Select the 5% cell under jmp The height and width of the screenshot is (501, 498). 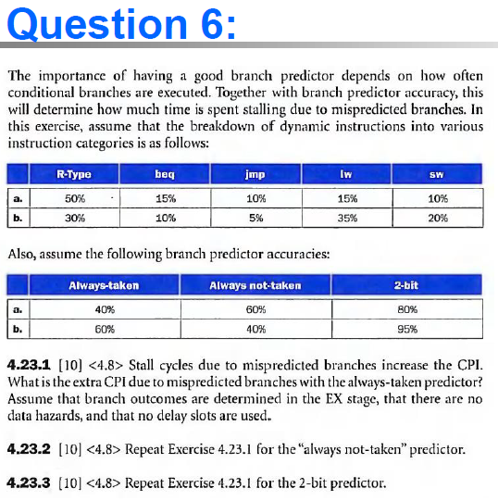[x=255, y=218]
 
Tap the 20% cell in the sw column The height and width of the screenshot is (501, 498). [x=438, y=218]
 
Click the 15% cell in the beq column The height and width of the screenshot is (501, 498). [x=167, y=198]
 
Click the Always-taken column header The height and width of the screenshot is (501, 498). [x=104, y=285]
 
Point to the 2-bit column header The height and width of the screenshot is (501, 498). [x=405, y=285]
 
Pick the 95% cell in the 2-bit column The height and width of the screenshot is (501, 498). [x=405, y=328]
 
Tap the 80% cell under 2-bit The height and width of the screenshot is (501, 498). [x=405, y=309]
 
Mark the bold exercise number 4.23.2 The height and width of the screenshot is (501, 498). [x=28, y=449]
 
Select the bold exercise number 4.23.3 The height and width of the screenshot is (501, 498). [x=28, y=482]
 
